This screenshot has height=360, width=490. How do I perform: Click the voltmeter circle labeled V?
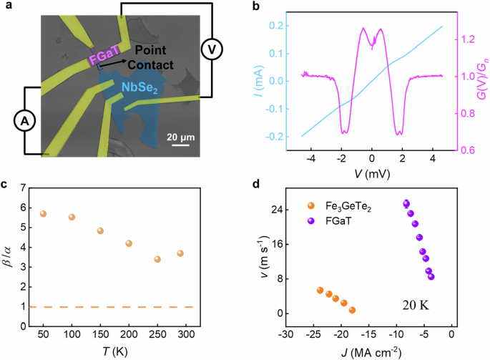click(210, 49)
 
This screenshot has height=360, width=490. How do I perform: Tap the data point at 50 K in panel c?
click(43, 214)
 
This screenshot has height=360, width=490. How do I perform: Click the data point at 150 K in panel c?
click(100, 231)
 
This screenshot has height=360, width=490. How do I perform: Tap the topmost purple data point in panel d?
click(406, 204)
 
